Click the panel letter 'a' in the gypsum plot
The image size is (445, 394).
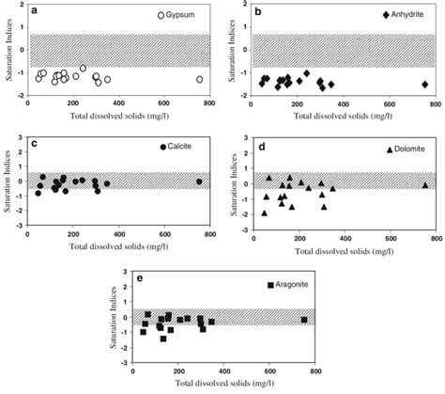pos(34,10)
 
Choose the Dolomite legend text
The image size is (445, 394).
pos(411,150)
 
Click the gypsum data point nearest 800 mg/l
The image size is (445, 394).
pos(199,80)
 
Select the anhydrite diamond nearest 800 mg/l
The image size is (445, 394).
pos(424,85)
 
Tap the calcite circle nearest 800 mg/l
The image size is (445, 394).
pos(199,181)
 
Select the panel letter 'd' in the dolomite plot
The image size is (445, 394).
pos(260,146)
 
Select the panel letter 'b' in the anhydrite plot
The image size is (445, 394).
pos(260,10)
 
